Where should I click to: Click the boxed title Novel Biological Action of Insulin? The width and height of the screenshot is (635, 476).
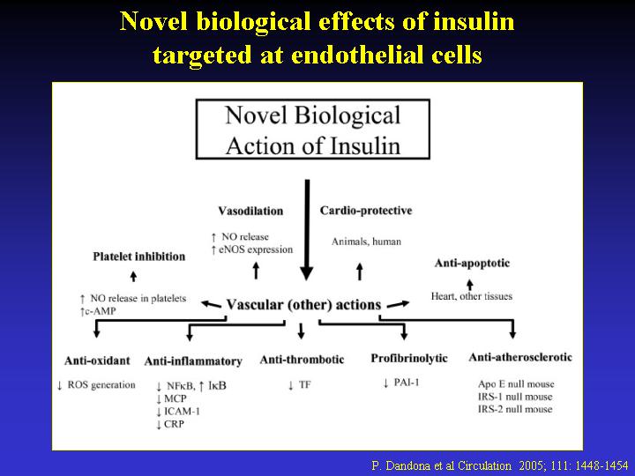click(x=312, y=129)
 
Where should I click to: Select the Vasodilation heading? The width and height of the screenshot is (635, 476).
click(x=250, y=211)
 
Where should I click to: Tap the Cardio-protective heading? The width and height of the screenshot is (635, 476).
click(x=366, y=211)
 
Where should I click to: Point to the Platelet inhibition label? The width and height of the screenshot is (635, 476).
click(x=139, y=257)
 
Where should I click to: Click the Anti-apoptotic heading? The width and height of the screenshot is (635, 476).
click(x=472, y=263)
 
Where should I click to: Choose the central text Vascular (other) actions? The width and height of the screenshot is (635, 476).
click(x=303, y=304)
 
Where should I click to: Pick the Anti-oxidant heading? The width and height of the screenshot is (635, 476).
click(x=97, y=361)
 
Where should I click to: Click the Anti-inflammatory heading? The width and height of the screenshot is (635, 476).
click(x=193, y=361)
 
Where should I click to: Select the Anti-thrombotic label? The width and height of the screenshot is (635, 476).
click(x=303, y=360)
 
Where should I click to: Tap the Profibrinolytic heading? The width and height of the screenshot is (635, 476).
click(x=409, y=358)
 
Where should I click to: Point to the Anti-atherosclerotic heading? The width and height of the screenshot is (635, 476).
click(x=520, y=357)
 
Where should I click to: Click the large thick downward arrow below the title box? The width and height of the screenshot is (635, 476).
click(x=307, y=230)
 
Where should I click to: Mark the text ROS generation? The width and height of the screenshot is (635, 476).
click(x=101, y=385)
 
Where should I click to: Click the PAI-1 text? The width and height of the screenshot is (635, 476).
click(x=407, y=382)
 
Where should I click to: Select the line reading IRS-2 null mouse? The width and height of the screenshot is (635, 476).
click(x=515, y=409)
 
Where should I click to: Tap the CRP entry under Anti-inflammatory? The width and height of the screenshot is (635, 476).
click(x=174, y=424)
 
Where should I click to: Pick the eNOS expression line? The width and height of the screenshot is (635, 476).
click(x=256, y=249)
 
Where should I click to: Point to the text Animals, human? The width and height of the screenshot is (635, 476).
click(x=366, y=242)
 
